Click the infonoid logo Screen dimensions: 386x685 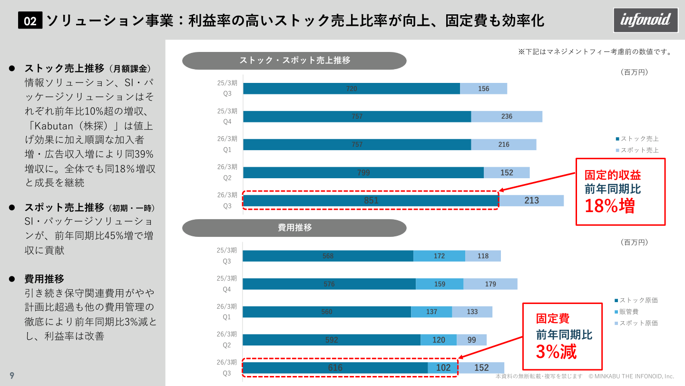646,20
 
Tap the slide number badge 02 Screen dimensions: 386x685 30,21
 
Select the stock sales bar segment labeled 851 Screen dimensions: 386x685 371,201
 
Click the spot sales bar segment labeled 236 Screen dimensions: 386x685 507,117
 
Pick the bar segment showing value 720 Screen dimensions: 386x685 351,89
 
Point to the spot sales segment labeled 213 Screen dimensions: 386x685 531,201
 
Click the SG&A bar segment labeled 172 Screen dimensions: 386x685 439,256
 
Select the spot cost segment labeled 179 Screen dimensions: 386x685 490,284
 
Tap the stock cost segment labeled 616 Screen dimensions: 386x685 335,368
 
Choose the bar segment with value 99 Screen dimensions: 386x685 471,340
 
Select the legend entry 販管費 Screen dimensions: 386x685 628,312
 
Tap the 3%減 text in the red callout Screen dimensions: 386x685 556,352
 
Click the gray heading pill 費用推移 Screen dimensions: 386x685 294,228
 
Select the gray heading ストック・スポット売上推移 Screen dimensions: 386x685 294,61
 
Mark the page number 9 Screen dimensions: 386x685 12,376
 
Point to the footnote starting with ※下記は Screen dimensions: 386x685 595,51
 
